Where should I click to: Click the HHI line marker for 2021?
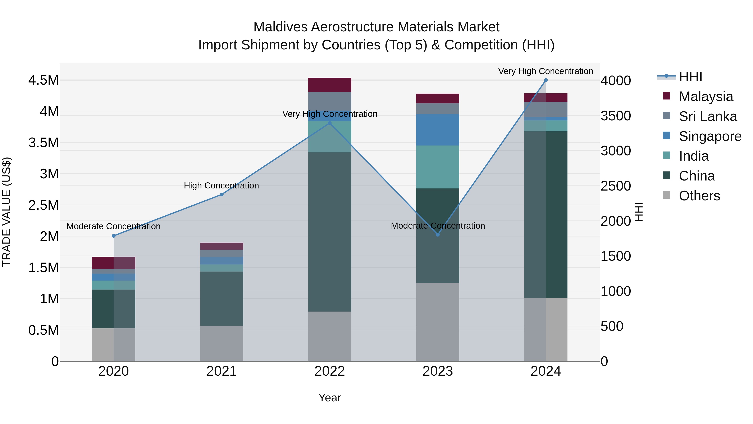point(222,194)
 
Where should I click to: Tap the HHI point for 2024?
point(546,80)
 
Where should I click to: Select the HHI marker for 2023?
point(438,235)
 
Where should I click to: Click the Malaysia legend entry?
point(706,97)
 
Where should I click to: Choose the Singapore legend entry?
point(710,136)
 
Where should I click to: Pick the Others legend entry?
point(699,196)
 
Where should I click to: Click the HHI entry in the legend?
point(690,77)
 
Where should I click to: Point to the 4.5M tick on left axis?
point(43,80)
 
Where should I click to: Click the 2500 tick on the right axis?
point(616,186)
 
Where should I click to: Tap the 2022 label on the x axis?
point(329,371)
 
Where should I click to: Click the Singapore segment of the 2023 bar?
point(438,130)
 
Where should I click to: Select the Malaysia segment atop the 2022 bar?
point(329,85)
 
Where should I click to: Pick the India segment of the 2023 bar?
point(438,167)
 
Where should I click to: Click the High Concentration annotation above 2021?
point(221,186)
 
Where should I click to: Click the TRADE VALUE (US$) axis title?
point(6,212)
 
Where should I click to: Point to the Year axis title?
point(329,398)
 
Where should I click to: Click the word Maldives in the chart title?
point(280,27)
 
